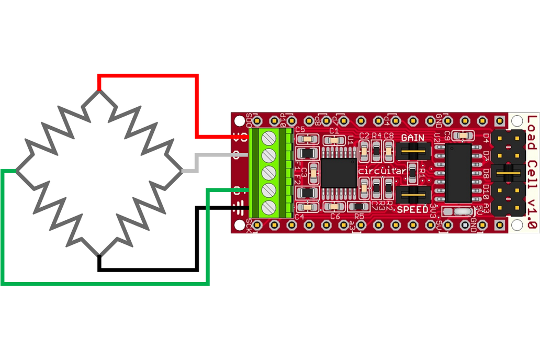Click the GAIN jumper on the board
[x=413, y=151]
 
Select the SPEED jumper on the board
[x=413, y=195]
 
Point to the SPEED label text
[x=412, y=209]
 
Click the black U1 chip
[x=339, y=173]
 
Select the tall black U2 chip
[x=459, y=173]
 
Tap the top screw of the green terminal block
[x=268, y=138]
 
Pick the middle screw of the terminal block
[x=268, y=172]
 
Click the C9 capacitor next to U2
[x=463, y=136]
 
